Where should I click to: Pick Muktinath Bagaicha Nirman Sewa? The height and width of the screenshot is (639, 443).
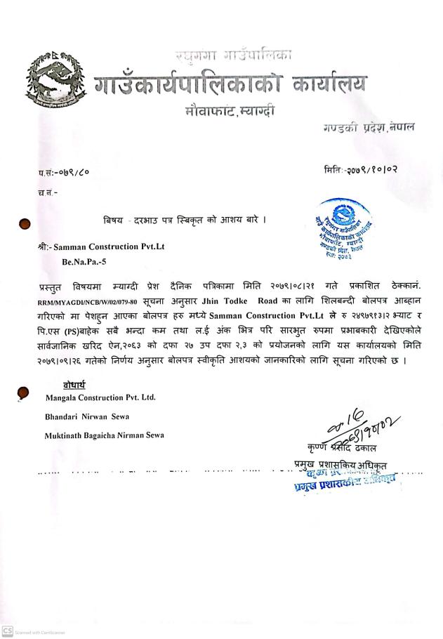point(104,435)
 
